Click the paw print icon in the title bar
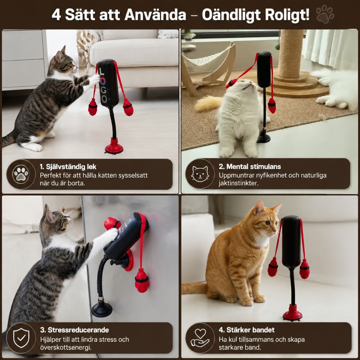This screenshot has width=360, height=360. [x=325, y=14]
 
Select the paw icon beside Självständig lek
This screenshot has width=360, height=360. [x=21, y=174]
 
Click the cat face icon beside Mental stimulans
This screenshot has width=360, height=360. [x=200, y=174]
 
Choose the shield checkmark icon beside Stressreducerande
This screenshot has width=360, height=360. [x=21, y=338]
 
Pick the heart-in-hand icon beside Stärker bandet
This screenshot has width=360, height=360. [x=200, y=338]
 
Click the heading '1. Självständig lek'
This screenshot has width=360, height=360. [x=68, y=167]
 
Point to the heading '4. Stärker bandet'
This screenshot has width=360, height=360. [x=246, y=330]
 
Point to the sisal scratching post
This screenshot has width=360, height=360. [x=290, y=53]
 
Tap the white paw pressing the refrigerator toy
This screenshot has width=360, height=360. [x=110, y=234]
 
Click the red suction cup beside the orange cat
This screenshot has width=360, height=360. [x=292, y=313]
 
